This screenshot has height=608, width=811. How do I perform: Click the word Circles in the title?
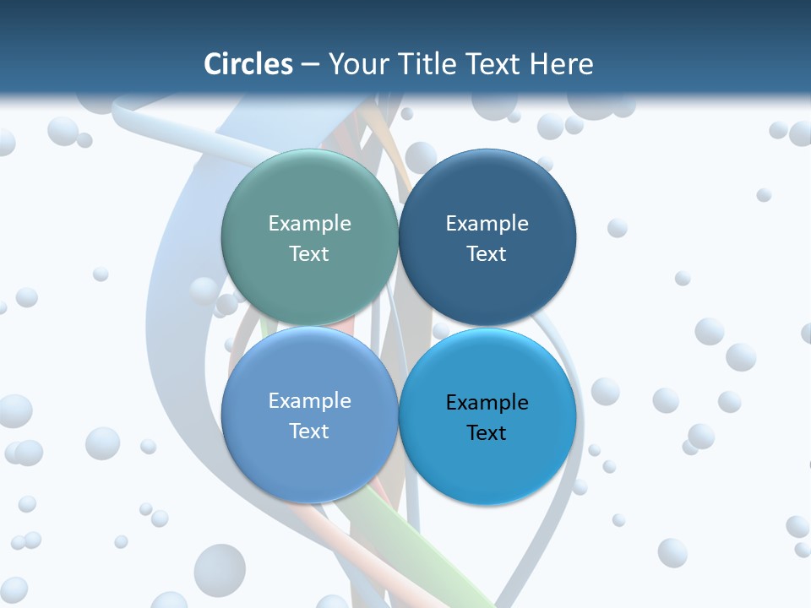[248, 64]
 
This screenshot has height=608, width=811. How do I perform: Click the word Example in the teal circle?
[309, 223]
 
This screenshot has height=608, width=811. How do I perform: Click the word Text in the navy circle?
[487, 253]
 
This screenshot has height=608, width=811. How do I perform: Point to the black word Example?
[487, 402]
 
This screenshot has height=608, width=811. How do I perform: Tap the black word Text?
[487, 432]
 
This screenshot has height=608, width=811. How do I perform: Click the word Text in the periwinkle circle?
[309, 431]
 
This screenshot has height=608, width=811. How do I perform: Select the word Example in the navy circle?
[487, 223]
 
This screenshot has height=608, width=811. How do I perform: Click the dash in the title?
[309, 64]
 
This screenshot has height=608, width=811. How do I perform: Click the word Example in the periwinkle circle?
[309, 400]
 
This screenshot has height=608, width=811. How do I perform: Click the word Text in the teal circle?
[309, 253]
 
